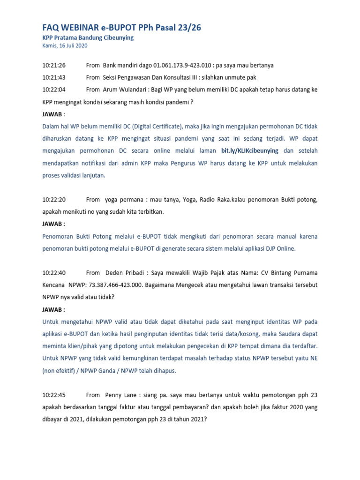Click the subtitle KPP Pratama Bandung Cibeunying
tap(88, 38)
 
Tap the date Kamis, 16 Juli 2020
tap(65, 46)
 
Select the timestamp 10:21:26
tap(54, 65)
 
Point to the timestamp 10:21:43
tap(54, 77)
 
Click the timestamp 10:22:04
tap(54, 90)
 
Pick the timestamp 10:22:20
tap(54, 200)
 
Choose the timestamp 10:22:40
tap(54, 273)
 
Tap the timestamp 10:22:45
tap(54, 395)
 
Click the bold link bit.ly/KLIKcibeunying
tap(250, 151)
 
